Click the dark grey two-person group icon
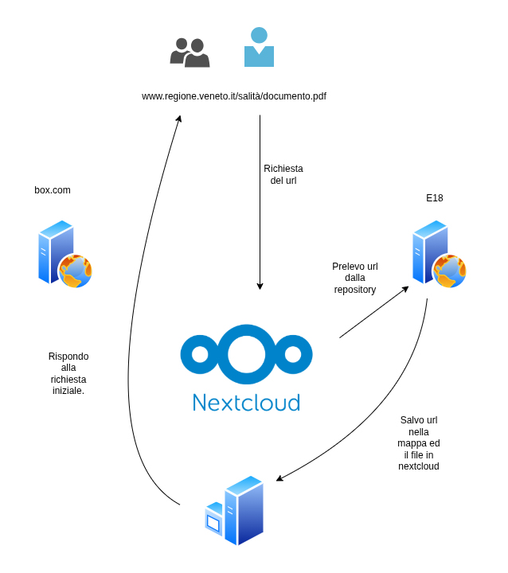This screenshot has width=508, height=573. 190,53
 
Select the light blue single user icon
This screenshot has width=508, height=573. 259,48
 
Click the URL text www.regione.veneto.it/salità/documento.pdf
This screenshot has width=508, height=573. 234,96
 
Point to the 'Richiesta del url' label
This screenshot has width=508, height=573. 283,174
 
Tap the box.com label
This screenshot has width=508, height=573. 53,190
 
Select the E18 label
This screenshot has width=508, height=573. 435,198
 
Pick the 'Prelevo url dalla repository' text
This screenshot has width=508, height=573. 355,278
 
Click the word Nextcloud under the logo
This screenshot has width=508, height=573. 246,402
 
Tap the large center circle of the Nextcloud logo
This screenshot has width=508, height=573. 246,354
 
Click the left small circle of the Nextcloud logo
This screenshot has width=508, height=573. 200,354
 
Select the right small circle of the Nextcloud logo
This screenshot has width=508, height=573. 293,354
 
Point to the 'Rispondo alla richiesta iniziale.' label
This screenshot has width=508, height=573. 68,373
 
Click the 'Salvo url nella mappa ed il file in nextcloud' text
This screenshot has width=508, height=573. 419,443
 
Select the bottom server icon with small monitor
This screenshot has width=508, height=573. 235,511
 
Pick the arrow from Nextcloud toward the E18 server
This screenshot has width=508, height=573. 373,313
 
